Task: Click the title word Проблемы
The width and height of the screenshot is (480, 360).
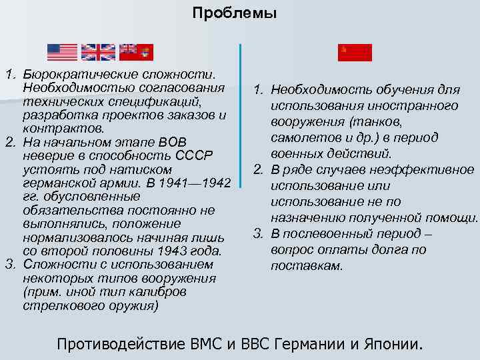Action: point(233,13)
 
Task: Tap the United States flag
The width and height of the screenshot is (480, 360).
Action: point(63,52)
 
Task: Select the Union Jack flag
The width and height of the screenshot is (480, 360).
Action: point(98,52)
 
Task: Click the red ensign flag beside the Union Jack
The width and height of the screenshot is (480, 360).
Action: point(136,52)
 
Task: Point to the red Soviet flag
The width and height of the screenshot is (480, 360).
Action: point(355,53)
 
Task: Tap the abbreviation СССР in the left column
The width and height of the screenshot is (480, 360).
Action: point(194,155)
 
